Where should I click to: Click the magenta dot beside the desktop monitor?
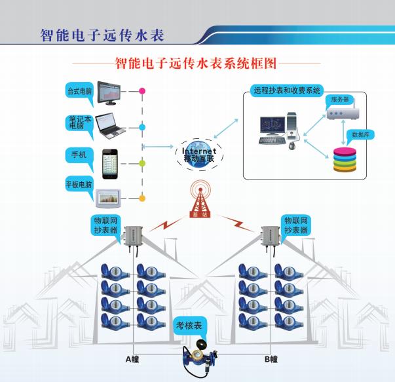pos(142,91)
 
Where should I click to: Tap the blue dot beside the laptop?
pos(142,126)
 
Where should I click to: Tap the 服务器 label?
pos(340,99)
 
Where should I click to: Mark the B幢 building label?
pos(271,359)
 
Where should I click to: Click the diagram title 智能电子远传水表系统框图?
pos(197,64)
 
